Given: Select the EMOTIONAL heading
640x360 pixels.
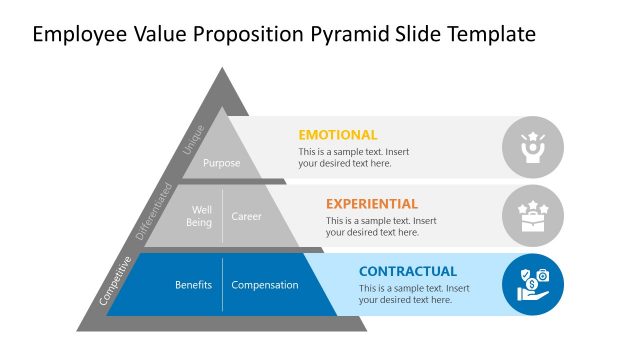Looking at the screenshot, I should pos(338,135).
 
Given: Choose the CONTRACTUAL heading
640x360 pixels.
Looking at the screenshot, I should pos(408,271).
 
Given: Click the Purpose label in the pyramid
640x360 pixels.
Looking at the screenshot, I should pos(222,163).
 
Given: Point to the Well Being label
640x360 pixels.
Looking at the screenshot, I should pos(199,216).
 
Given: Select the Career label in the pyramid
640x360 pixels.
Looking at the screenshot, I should pos(247,216).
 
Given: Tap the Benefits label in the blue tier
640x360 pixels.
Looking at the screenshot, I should pos(193,285).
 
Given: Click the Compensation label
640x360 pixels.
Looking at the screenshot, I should pos(265,285).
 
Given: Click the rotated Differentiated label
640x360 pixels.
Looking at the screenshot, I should pos(154,211).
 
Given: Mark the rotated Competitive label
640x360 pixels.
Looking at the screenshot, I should pos(117,281).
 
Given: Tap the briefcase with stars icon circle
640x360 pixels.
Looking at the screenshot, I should pos(532,216).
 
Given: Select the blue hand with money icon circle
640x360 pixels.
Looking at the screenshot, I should pos(532,284).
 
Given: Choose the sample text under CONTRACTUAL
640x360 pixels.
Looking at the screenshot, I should pos(414,294).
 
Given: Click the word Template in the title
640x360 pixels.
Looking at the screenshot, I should pos(490,35).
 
